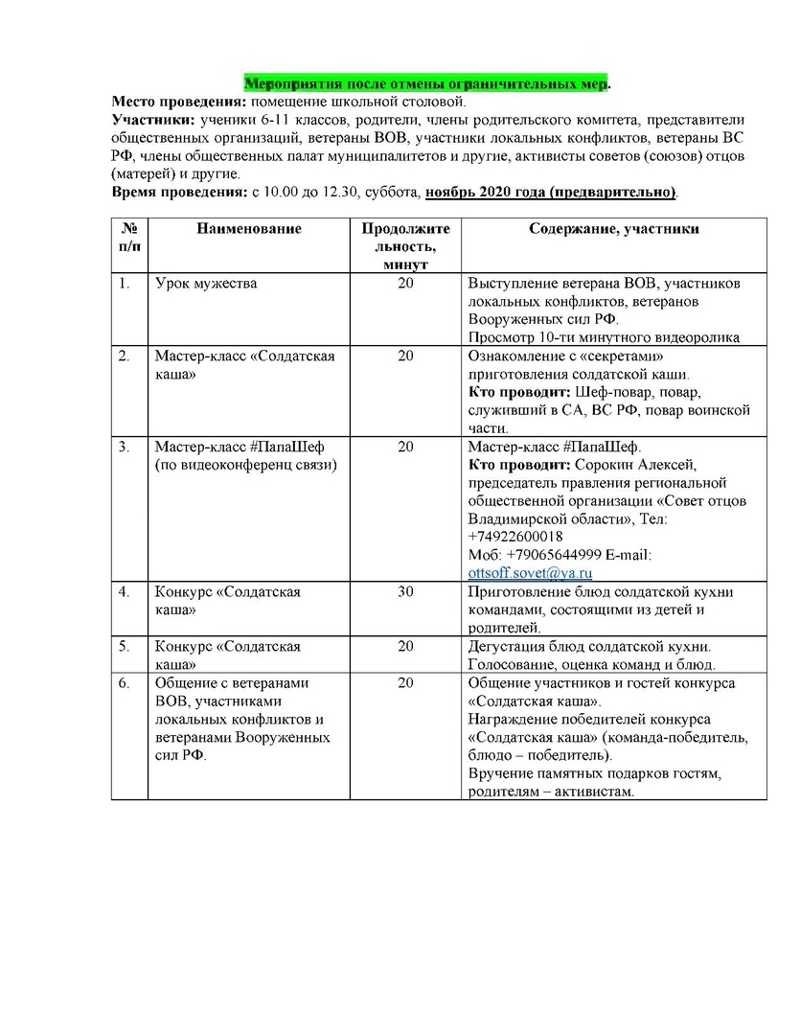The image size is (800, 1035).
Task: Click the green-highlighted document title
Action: [x=426, y=83]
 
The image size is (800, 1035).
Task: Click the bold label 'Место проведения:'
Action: [x=179, y=102]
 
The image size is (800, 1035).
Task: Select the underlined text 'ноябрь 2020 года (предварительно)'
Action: [x=551, y=193]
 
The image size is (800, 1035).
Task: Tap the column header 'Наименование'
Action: [x=249, y=229]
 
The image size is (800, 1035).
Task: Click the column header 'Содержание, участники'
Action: [x=614, y=229]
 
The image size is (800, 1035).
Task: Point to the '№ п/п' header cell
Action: [x=129, y=238]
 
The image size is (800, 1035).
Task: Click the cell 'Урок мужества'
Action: [x=206, y=284]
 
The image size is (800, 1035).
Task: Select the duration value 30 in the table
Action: [x=405, y=592]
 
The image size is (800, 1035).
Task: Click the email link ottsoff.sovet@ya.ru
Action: [x=517, y=573]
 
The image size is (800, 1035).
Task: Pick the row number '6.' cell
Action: [x=125, y=683]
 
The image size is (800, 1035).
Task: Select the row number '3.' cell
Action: [x=125, y=447]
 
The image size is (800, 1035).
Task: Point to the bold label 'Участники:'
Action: [x=153, y=120]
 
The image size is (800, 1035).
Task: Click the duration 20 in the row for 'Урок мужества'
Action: [x=405, y=284]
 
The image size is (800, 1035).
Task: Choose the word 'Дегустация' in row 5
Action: [x=505, y=647]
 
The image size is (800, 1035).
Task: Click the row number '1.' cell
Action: [x=125, y=284]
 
